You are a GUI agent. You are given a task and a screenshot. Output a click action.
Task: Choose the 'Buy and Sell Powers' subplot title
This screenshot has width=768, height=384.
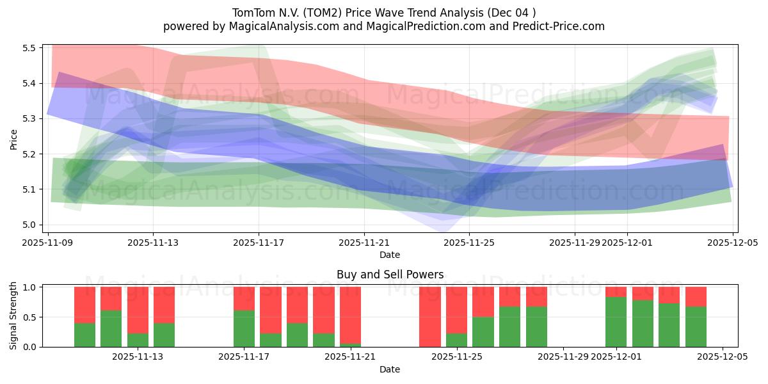pyautogui.click(x=390, y=275)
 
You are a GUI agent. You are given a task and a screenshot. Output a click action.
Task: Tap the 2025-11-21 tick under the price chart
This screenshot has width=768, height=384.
pyautogui.click(x=364, y=243)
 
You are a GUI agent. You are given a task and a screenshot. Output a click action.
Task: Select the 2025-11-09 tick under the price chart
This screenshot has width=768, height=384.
pyautogui.click(x=48, y=243)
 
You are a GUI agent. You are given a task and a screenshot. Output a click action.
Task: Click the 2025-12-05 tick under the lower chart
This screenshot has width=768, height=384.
pyautogui.click(x=723, y=356)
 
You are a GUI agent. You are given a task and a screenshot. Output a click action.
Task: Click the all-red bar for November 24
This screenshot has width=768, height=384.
pyautogui.click(x=429, y=317)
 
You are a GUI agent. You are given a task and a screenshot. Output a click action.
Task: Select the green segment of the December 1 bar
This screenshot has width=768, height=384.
pyautogui.click(x=616, y=322)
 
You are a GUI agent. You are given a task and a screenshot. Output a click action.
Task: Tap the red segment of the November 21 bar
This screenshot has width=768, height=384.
pyautogui.click(x=350, y=314)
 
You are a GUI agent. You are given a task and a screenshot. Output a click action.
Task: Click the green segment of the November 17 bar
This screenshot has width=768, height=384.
pyautogui.click(x=244, y=329)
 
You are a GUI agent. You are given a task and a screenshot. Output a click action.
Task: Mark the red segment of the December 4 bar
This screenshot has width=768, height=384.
pyautogui.click(x=696, y=296)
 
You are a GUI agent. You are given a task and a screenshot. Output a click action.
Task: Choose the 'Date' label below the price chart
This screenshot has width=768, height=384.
pyautogui.click(x=390, y=255)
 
